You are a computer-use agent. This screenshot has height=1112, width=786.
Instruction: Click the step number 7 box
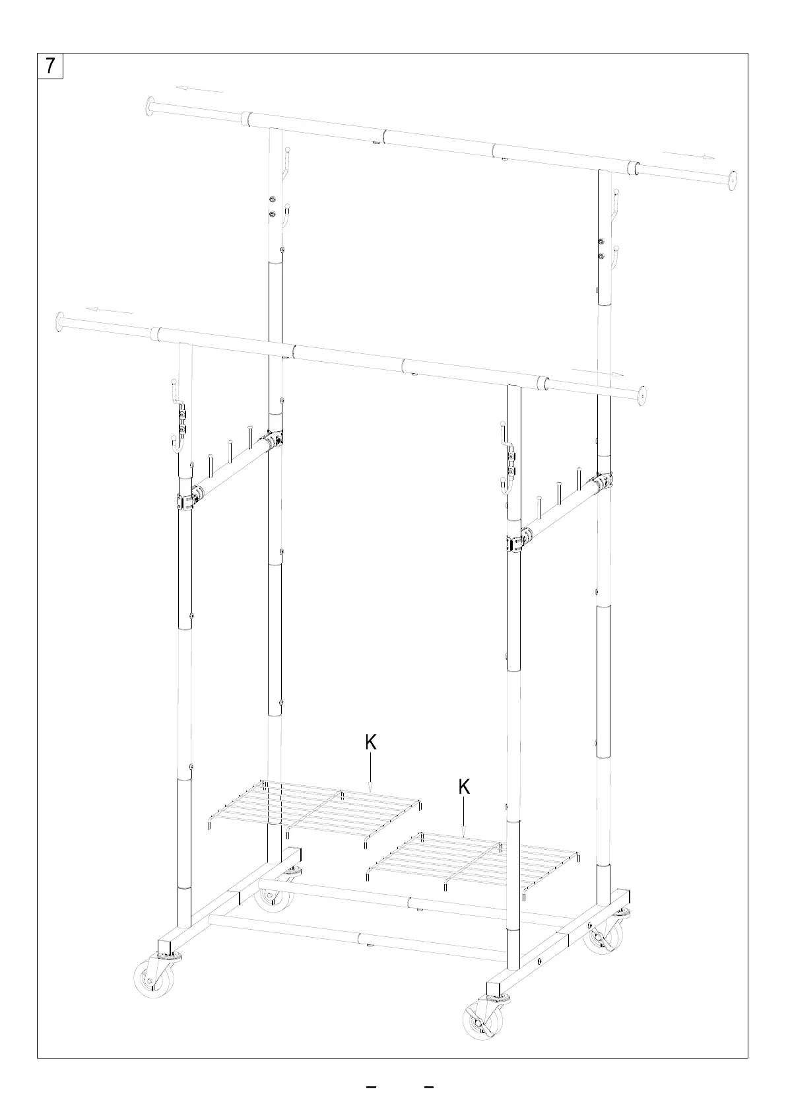tap(50, 66)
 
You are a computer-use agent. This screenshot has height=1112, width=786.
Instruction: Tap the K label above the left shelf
tap(371, 742)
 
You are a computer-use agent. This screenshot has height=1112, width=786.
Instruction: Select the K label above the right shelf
tap(464, 786)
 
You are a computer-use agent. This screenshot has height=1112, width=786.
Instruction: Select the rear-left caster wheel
tap(273, 896)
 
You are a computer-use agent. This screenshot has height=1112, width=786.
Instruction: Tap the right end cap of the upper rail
tap(731, 180)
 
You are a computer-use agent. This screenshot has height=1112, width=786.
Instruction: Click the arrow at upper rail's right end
tap(688, 156)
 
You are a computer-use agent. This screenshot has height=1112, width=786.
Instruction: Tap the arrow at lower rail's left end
tap(110, 310)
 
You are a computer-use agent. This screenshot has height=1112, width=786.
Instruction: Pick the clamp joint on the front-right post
tap(517, 541)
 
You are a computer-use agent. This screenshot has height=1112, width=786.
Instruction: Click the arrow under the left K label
tap(371, 774)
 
